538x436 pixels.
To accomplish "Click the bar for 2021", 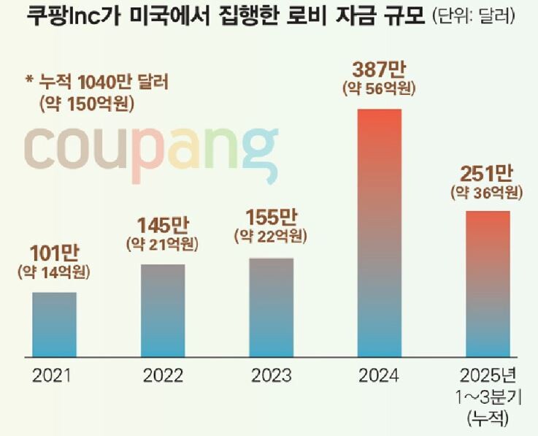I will coord(54,324).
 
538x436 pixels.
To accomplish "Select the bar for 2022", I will coord(162,310).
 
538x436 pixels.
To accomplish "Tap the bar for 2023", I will coord(271,307).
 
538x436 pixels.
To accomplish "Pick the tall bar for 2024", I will coord(380,232).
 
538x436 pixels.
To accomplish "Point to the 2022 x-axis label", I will coord(162,377).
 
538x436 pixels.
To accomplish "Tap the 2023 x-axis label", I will coord(271,377).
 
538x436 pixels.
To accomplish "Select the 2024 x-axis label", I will coord(379,377).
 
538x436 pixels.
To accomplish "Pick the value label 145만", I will coord(163,223).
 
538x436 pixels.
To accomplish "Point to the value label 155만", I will coord(270,218).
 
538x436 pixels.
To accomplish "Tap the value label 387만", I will coord(379,70).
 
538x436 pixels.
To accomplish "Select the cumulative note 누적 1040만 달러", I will coord(101,83).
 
